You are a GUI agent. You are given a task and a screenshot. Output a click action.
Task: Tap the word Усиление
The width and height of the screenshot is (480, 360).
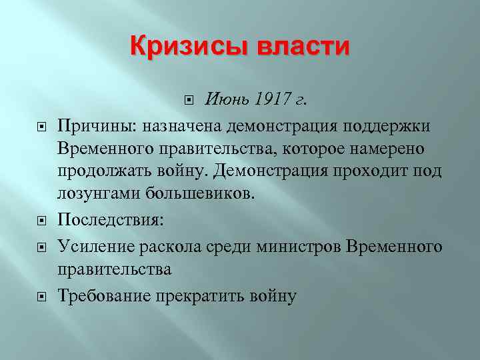click(x=95, y=247)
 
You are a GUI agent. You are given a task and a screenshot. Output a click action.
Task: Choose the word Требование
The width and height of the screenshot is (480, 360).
click(x=103, y=295)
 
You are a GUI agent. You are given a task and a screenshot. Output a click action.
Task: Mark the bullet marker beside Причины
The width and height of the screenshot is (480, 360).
click(x=41, y=127)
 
